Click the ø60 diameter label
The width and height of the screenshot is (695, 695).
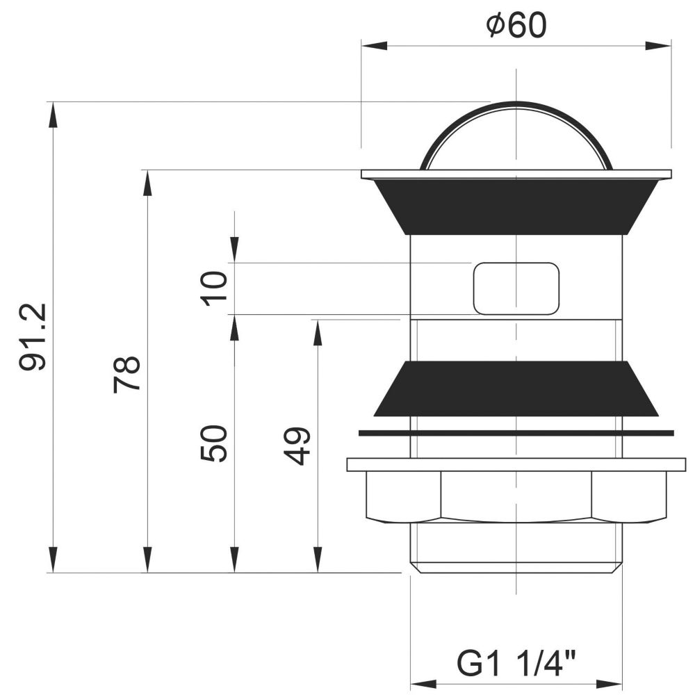coord(516,25)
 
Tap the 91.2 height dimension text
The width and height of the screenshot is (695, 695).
coord(33,337)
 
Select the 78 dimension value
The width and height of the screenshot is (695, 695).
coord(126,375)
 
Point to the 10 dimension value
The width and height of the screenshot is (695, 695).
coord(213,288)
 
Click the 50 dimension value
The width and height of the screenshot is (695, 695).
coord(213,443)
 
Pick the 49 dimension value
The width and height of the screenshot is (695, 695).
coord(296,446)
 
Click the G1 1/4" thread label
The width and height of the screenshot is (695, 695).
coord(516,664)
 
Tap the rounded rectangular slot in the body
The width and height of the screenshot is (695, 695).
coord(516,288)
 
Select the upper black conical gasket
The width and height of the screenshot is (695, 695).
coord(516,206)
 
